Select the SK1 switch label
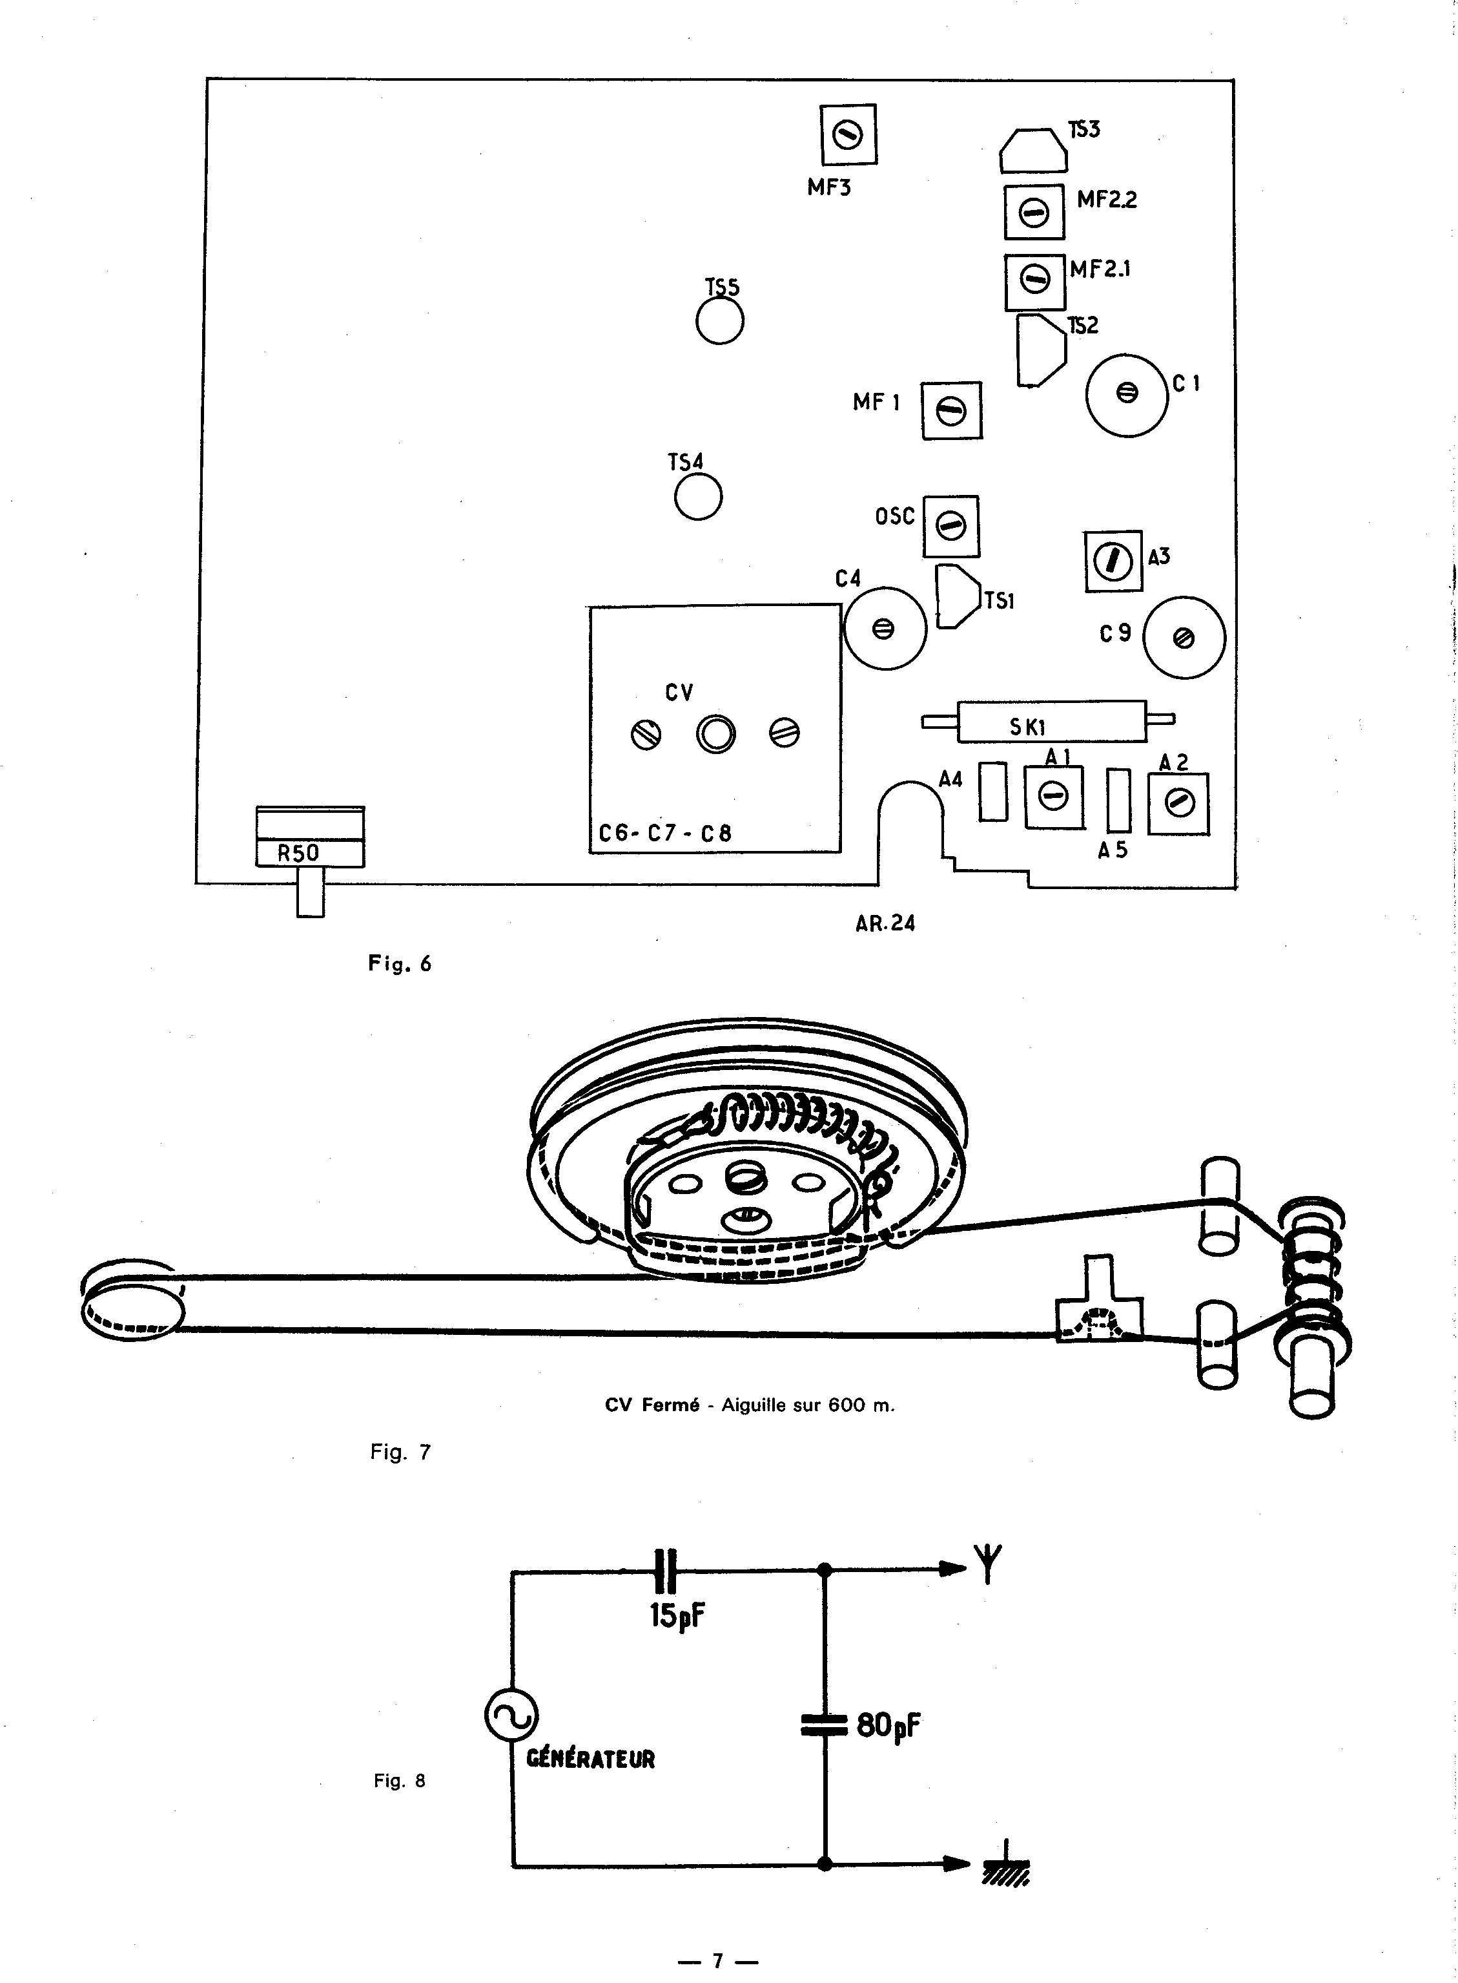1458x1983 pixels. (1027, 728)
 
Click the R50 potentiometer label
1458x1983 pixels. (298, 853)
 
